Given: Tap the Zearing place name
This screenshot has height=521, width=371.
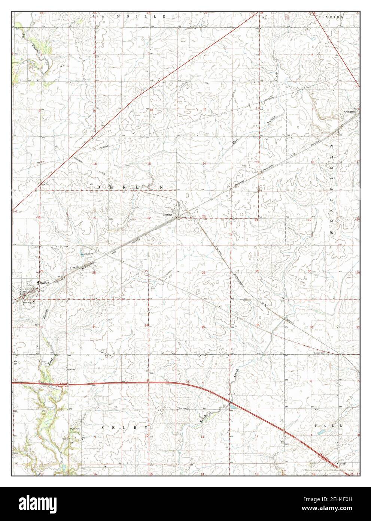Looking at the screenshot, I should click(167, 215).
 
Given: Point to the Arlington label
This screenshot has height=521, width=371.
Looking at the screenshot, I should click(349, 112).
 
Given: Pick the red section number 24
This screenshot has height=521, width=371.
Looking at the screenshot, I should click(256, 220).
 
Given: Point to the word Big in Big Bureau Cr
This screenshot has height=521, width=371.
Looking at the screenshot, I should click(23, 36).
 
